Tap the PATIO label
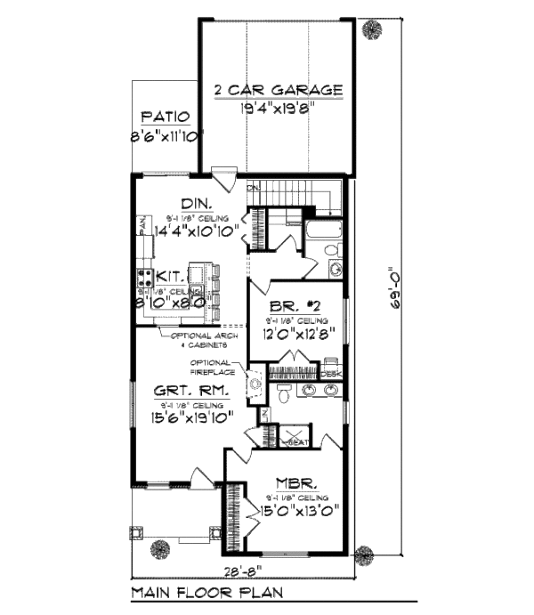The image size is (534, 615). (165, 117)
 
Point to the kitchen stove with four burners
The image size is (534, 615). (143, 281)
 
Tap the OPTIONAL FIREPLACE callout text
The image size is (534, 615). (213, 368)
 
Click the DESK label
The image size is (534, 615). (331, 376)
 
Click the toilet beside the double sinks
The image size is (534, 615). (283, 396)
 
